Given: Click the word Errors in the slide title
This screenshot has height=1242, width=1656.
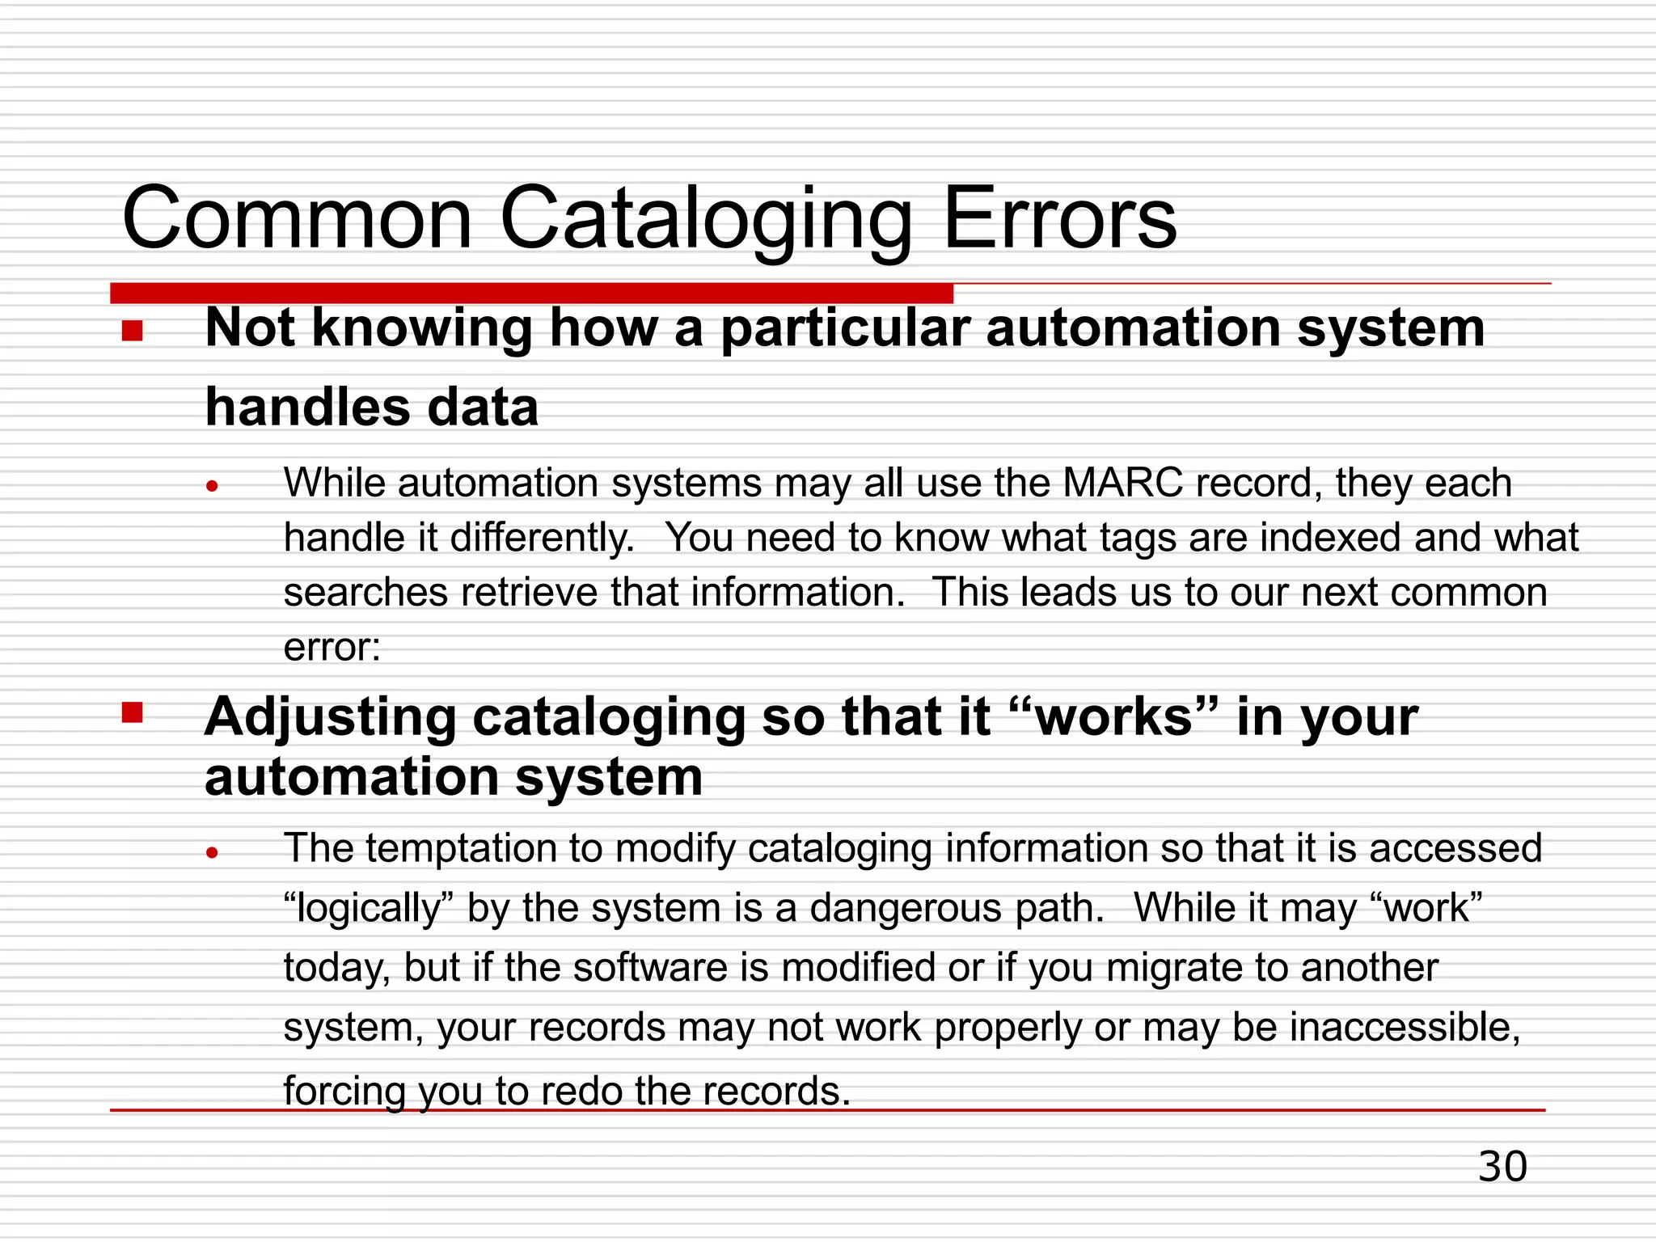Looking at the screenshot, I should pyautogui.click(x=1059, y=218).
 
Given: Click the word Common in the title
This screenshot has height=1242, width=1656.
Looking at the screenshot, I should pyautogui.click(x=297, y=218).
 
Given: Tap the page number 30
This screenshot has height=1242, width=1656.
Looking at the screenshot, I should pyautogui.click(x=1502, y=1167).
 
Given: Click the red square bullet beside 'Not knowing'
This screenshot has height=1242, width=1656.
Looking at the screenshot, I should pyautogui.click(x=133, y=331).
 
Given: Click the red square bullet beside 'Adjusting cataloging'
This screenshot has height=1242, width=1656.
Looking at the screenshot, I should pyautogui.click(x=133, y=712).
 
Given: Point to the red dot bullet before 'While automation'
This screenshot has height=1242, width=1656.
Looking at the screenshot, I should pyautogui.click(x=213, y=486).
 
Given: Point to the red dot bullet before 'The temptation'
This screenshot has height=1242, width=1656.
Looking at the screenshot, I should pyautogui.click(x=213, y=851).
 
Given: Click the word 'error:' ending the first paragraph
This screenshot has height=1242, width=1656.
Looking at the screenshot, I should pyautogui.click(x=332, y=647).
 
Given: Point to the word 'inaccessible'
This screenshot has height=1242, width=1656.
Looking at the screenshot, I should pyautogui.click(x=1405, y=1028).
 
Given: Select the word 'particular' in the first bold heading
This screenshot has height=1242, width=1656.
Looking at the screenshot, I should pyautogui.click(x=845, y=329).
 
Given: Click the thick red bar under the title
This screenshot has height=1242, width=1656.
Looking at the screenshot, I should pyautogui.click(x=531, y=293).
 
